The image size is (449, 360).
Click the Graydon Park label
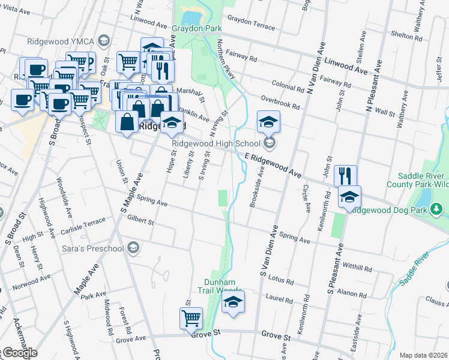click(x=197, y=28)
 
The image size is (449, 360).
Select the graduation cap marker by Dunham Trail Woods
click(x=234, y=301)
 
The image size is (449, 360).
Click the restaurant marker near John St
click(x=345, y=176)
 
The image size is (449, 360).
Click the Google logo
click(x=19, y=353)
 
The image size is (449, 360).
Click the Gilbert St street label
click(x=140, y=221)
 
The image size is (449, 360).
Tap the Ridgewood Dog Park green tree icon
click(x=438, y=209)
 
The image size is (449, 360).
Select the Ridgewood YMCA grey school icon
click(x=103, y=41)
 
